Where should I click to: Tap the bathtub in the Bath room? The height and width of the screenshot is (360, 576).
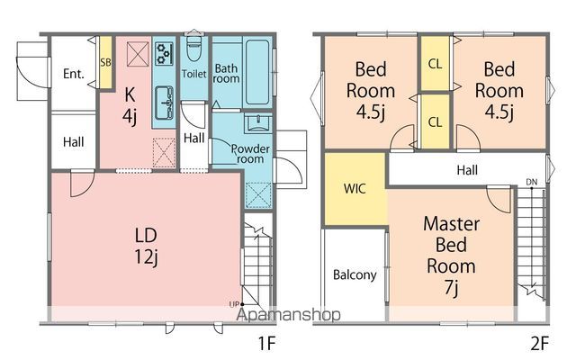(x=257, y=72)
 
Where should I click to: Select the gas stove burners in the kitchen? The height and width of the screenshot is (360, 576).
(x=164, y=54)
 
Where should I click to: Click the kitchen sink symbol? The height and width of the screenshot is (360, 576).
(x=164, y=103)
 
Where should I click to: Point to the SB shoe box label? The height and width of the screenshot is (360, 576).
(x=106, y=62)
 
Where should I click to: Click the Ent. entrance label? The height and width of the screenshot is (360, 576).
(x=74, y=74)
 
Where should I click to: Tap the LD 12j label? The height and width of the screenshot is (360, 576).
(x=146, y=246)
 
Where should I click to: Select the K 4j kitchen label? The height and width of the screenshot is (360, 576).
(x=130, y=105)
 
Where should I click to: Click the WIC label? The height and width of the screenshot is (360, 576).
(x=355, y=188)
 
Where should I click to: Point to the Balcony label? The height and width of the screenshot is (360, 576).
(x=355, y=275)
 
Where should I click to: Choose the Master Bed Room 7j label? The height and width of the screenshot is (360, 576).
(x=452, y=256)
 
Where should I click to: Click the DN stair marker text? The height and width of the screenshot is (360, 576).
(x=532, y=182)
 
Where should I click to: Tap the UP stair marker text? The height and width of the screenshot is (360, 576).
(x=234, y=304)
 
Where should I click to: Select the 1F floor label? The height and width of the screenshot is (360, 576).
(x=266, y=344)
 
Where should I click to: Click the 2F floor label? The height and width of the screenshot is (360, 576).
(x=540, y=344)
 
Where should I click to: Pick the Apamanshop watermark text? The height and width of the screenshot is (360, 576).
(x=288, y=315)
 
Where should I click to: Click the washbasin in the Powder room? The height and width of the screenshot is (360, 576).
(x=258, y=122)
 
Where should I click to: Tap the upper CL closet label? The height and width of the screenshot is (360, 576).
(x=435, y=64)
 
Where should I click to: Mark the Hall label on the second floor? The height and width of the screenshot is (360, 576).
(x=467, y=170)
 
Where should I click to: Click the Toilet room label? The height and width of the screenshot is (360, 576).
(x=194, y=74)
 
